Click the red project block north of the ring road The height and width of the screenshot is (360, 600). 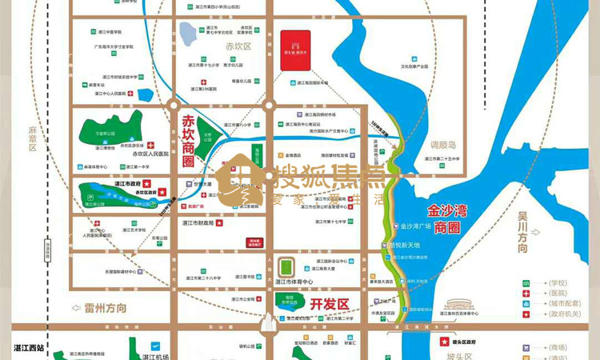point(294,51)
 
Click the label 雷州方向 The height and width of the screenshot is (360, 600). point(94,307)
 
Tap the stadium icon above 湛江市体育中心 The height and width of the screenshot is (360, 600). point(286,266)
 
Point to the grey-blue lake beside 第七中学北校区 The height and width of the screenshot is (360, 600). point(189,34)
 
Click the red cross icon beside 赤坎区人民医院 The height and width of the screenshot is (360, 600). point(150,145)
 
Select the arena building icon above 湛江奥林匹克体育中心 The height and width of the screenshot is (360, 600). point(460,306)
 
